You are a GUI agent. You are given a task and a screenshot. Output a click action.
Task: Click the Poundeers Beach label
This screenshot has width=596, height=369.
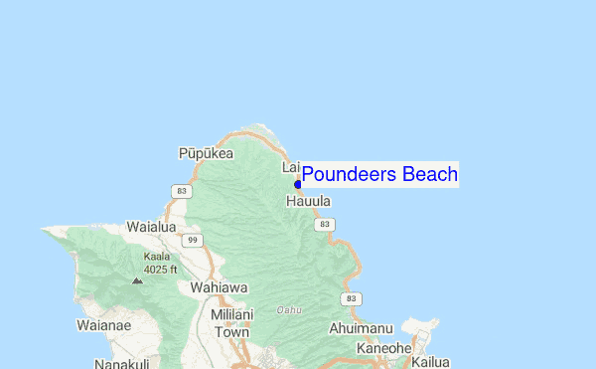click(379, 175)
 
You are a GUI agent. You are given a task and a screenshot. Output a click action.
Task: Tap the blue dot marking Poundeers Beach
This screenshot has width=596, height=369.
click(298, 184)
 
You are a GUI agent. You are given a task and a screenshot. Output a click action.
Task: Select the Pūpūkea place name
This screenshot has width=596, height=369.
click(206, 153)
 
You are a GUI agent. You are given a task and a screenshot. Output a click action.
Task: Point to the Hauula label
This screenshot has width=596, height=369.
click(308, 201)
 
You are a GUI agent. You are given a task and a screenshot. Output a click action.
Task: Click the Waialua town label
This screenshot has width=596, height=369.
click(151, 227)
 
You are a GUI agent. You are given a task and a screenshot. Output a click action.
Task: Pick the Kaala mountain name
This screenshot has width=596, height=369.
click(156, 256)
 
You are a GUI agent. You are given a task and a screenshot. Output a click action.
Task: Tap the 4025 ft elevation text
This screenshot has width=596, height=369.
click(160, 269)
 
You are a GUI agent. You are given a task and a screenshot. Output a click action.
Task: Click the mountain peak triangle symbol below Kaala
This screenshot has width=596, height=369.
click(137, 280)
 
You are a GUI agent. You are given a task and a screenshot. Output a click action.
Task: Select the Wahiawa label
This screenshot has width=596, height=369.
click(218, 287)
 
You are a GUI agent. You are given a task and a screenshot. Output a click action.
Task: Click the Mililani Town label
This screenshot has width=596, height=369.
click(231, 323)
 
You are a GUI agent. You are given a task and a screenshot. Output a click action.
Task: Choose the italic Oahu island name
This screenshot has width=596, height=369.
click(289, 310)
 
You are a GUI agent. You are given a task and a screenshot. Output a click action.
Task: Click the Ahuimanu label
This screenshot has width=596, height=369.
click(362, 328)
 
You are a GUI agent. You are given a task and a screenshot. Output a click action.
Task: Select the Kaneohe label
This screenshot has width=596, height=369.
click(383, 348)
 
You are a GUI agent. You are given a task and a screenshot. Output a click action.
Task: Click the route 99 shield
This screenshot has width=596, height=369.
click(194, 240)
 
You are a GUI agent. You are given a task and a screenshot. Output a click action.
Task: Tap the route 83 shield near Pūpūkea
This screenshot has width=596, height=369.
click(180, 190)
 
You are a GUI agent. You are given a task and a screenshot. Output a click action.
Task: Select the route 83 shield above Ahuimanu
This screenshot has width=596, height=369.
click(350, 298)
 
